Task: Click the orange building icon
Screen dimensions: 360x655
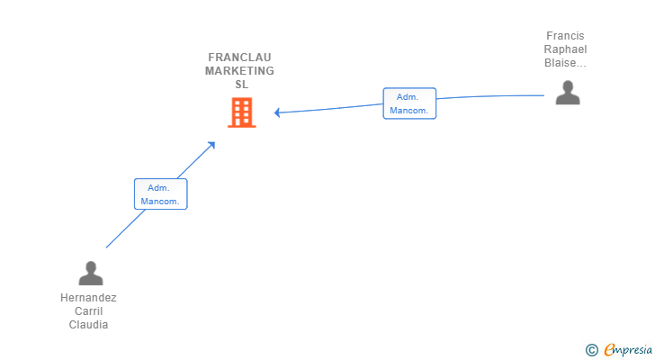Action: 241,112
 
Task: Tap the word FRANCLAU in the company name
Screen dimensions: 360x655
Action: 239,58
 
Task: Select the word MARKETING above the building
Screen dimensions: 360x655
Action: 239,71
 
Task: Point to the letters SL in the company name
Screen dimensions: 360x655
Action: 240,85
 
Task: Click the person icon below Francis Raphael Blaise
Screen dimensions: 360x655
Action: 567,93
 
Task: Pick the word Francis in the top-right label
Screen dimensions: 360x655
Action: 565,36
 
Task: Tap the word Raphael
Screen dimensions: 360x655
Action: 565,49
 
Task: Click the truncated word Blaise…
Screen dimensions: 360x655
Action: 565,63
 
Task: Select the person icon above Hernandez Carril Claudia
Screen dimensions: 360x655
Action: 90,273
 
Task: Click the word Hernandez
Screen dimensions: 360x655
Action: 88,298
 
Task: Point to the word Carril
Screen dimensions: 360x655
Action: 88,311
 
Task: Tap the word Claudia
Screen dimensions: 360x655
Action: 88,325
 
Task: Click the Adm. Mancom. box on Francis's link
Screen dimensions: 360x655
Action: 409,103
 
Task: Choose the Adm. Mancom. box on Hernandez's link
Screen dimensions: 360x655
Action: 161,194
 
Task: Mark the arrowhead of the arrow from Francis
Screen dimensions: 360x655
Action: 277,112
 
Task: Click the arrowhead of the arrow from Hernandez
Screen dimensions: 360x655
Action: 211,144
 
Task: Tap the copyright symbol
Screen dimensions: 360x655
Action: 591,349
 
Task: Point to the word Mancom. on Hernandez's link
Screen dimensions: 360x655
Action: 161,202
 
